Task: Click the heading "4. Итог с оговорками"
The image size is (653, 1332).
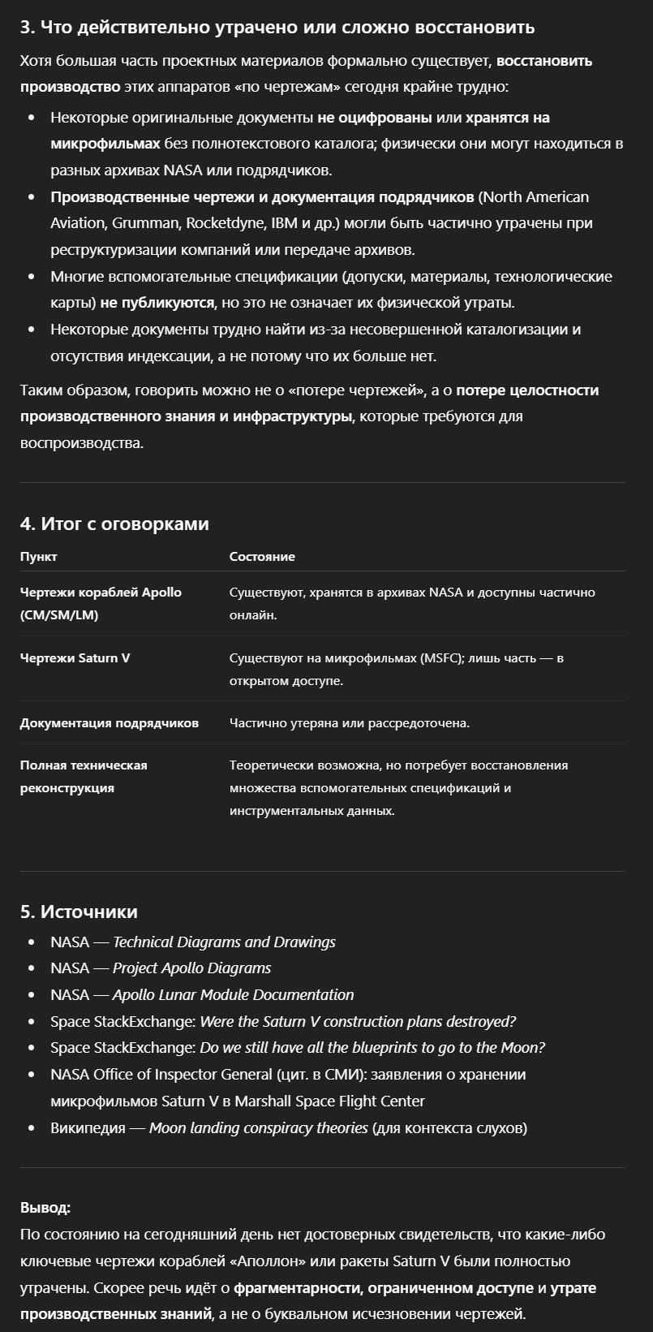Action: pyautogui.click(x=114, y=524)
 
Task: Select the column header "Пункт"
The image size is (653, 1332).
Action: pyautogui.click(x=38, y=557)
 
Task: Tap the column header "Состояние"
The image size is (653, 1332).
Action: pyautogui.click(x=262, y=557)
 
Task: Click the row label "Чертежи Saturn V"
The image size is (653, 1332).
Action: pyautogui.click(x=75, y=658)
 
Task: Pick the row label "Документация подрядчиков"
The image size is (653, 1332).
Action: pyautogui.click(x=110, y=723)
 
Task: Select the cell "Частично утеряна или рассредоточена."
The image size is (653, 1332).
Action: pyautogui.click(x=349, y=723)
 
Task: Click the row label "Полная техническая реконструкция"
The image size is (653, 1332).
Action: pyautogui.click(x=84, y=777)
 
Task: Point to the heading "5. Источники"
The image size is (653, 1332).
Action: pyautogui.click(x=79, y=912)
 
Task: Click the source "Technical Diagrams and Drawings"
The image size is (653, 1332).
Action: pyautogui.click(x=224, y=942)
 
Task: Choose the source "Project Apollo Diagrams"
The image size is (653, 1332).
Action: pyautogui.click(x=191, y=968)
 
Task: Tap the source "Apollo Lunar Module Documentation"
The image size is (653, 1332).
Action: pyautogui.click(x=233, y=995)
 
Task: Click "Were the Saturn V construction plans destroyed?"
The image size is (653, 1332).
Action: pyautogui.click(x=358, y=1022)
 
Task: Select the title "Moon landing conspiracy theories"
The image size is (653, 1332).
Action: pyautogui.click(x=258, y=1128)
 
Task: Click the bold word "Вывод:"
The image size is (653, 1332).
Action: pyautogui.click(x=45, y=1208)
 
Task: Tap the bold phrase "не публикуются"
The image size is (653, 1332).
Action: pyautogui.click(x=157, y=303)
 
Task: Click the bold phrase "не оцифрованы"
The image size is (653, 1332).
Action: pyautogui.click(x=375, y=118)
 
